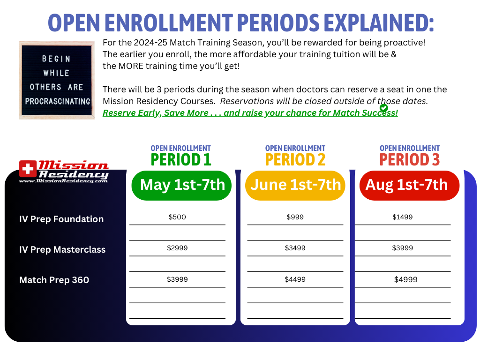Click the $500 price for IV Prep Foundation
(x=177, y=217)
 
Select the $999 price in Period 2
(x=295, y=217)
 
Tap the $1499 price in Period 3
(x=403, y=217)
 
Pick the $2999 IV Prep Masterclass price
(x=177, y=248)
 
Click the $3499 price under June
(x=295, y=248)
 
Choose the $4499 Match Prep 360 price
(x=295, y=279)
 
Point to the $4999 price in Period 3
(x=405, y=279)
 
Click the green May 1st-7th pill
(x=181, y=186)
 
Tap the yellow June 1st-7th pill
(x=295, y=186)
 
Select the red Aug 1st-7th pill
(x=410, y=186)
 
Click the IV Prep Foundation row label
(x=61, y=219)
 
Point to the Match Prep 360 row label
(x=54, y=280)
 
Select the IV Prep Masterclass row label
(x=62, y=250)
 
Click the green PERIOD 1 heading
(x=181, y=159)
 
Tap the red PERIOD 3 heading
(x=410, y=159)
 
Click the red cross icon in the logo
(x=28, y=169)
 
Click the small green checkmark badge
(x=383, y=108)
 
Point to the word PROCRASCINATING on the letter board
(x=58, y=101)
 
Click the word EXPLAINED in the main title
(x=379, y=22)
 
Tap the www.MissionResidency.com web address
(x=63, y=181)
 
